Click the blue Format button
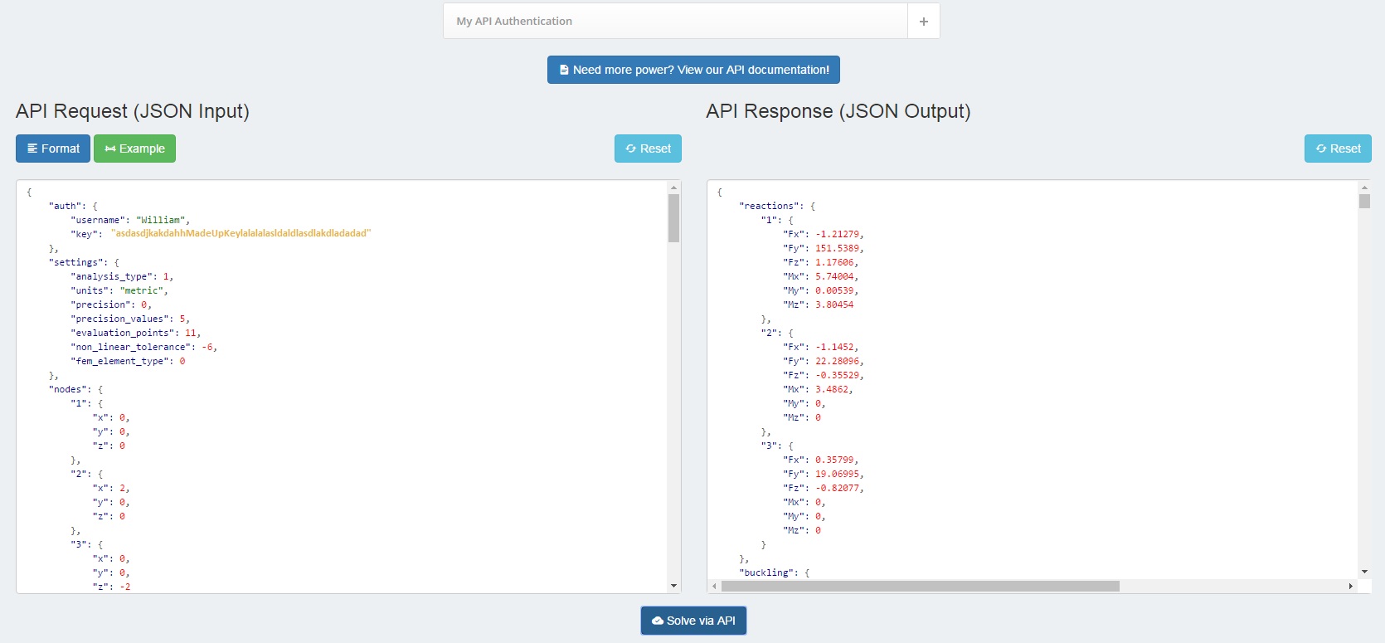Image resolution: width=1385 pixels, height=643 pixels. coord(52,149)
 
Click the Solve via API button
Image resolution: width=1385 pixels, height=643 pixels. coord(693,620)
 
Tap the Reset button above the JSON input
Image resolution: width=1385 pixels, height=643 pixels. coord(648,149)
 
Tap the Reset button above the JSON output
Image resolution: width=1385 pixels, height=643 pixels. coord(1338,149)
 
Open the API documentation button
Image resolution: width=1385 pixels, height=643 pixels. coord(693,70)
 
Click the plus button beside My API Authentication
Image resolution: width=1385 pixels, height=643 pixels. coord(923,21)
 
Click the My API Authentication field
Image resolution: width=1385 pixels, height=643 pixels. coord(675,21)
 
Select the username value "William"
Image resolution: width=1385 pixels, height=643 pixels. coord(162,220)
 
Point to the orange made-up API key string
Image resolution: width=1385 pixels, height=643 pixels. coord(241,233)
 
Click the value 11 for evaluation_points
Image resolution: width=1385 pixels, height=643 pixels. coord(190,333)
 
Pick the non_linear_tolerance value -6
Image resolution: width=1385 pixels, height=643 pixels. coord(207,347)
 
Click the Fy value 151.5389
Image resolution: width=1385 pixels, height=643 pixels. coord(837,248)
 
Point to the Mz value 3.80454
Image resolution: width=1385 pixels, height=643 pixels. coord(834,304)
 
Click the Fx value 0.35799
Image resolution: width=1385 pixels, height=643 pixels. coord(834,460)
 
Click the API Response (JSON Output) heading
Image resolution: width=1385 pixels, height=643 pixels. coord(838,111)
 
